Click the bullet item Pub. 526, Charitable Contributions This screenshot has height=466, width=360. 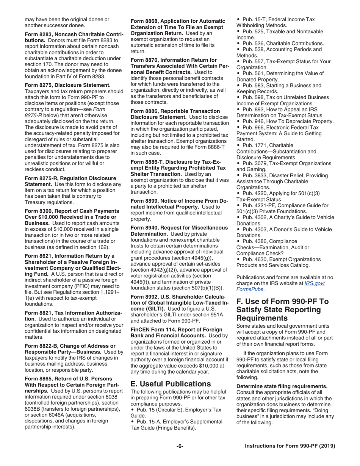(282, 44)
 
